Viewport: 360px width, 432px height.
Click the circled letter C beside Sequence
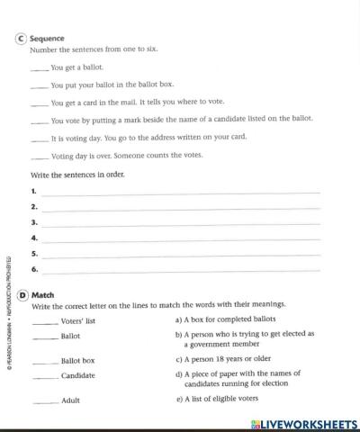click(22, 39)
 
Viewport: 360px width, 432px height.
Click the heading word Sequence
click(47, 39)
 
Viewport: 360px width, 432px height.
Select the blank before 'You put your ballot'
click(40, 86)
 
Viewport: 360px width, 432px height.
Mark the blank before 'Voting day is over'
click(40, 157)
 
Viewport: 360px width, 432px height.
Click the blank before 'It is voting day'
click(40, 139)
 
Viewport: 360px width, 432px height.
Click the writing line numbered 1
click(180, 192)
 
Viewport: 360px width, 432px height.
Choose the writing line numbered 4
click(180, 238)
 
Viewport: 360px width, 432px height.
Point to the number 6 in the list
click(33, 269)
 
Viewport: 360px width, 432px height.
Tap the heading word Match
click(43, 294)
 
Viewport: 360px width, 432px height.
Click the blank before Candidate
click(44, 376)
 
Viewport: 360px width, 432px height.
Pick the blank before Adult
click(44, 401)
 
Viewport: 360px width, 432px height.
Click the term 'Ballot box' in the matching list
click(77, 361)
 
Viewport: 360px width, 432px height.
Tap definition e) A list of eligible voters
click(216, 399)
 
